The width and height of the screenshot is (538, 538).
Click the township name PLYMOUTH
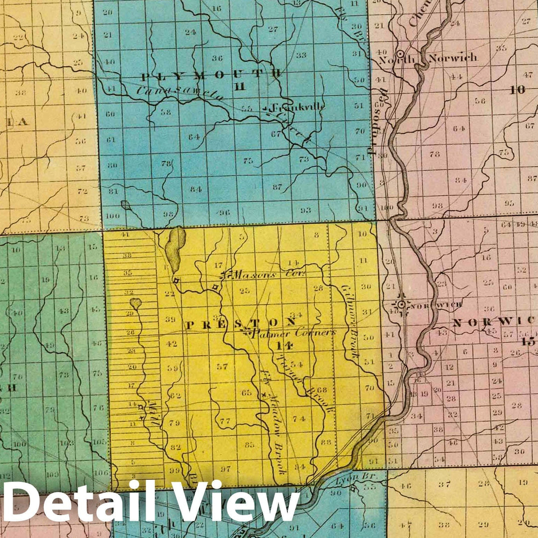[x=211, y=75]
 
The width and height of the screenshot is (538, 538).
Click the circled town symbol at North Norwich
[x=400, y=53]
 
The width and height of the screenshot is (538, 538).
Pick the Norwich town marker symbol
[x=401, y=304]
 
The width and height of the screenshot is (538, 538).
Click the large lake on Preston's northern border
[x=176, y=249]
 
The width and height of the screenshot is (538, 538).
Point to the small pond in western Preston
[x=135, y=302]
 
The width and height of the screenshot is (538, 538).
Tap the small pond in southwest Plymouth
[x=125, y=205]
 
